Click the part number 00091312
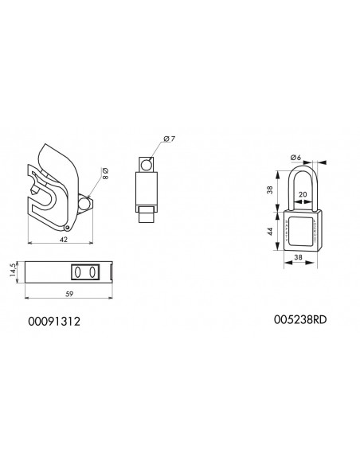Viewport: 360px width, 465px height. point(54,322)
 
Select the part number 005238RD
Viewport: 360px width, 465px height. point(300,320)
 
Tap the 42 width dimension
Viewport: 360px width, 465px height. point(64,240)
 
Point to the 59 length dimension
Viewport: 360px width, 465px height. point(69,294)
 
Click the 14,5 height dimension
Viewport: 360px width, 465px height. point(13,270)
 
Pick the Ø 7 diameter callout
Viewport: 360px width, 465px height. point(170,139)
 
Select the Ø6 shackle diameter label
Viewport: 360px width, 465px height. point(295,158)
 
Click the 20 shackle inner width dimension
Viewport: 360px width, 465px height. point(303,194)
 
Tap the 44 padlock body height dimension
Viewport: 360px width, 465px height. point(270,232)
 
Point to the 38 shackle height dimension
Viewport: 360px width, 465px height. point(269,190)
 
